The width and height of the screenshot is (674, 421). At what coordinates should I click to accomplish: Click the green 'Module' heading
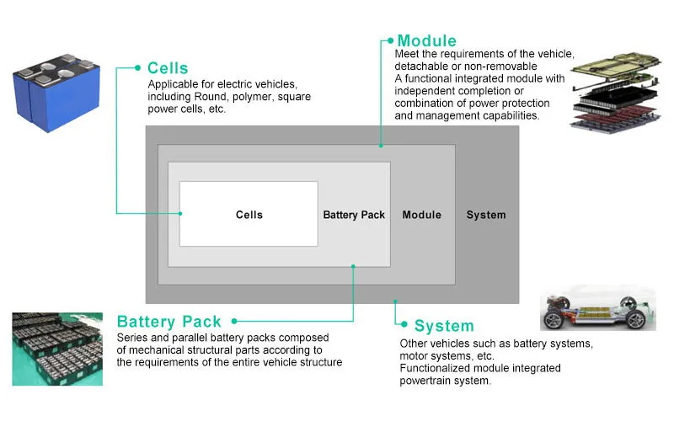[426, 40]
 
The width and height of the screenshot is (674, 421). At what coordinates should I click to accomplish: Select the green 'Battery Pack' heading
[169, 322]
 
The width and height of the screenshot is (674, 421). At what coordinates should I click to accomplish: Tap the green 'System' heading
[443, 326]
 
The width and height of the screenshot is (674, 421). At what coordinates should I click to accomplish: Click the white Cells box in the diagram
[249, 214]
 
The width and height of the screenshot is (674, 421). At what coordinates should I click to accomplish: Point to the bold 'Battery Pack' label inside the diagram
[354, 215]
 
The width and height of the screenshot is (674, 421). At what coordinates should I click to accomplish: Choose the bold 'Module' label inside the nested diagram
[421, 215]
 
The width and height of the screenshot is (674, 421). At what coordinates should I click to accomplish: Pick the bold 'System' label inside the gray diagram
[486, 215]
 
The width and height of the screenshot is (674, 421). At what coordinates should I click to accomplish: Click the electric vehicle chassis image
[597, 308]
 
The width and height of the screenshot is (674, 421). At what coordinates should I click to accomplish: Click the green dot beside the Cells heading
[137, 67]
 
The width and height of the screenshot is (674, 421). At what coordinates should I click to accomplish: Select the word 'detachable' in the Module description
[423, 66]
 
